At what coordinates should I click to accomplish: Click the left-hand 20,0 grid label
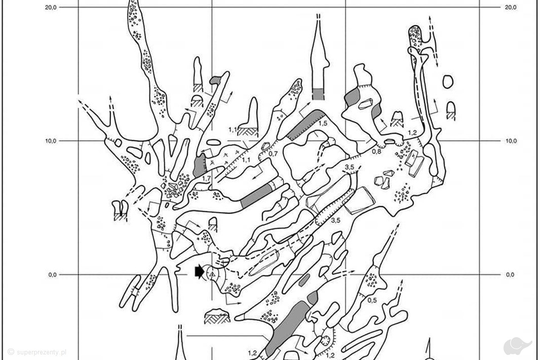pos(51,7)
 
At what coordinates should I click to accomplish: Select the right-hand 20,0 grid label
pos(511,7)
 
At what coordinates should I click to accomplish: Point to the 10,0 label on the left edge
pos(51,141)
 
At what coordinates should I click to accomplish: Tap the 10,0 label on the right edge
pos(511,141)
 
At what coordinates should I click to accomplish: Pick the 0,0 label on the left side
pos(52,275)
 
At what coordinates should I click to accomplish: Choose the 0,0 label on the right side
pos(510,275)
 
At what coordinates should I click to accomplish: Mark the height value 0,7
pos(273,154)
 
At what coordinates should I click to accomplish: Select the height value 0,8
pos(377,151)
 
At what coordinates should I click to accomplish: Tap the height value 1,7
pos(206,178)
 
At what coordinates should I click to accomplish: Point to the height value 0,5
pos(372,300)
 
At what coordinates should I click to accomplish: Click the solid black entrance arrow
pos(199,272)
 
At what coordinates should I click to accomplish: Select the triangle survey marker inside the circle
pos(212,275)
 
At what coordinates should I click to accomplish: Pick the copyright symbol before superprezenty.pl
pos(11,352)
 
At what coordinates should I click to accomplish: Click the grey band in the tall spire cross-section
pos(318,94)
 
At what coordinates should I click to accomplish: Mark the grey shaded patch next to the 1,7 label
pos(200,165)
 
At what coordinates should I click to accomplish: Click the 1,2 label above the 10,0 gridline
pos(412,133)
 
